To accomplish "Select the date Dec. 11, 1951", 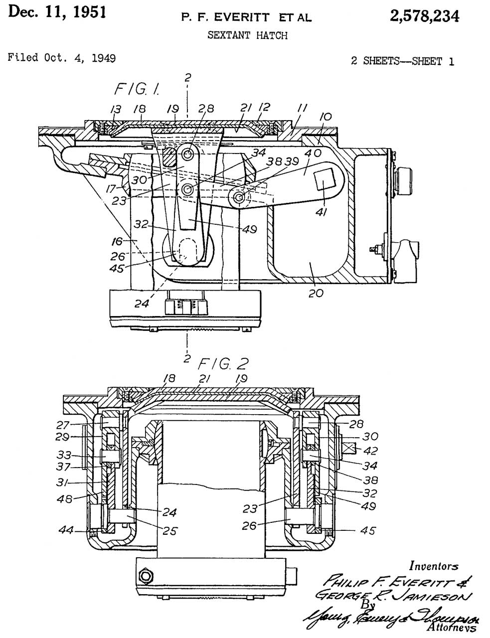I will click(x=57, y=12).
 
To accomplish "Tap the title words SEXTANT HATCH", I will click(x=247, y=35).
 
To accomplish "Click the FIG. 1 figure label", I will click(x=138, y=90).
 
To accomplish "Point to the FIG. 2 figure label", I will click(x=224, y=363).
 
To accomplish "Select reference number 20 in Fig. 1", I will click(x=316, y=293).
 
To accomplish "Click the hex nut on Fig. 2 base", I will click(x=146, y=577).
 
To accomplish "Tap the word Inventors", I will click(x=434, y=566).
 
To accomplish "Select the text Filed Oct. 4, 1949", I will click(x=62, y=58).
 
